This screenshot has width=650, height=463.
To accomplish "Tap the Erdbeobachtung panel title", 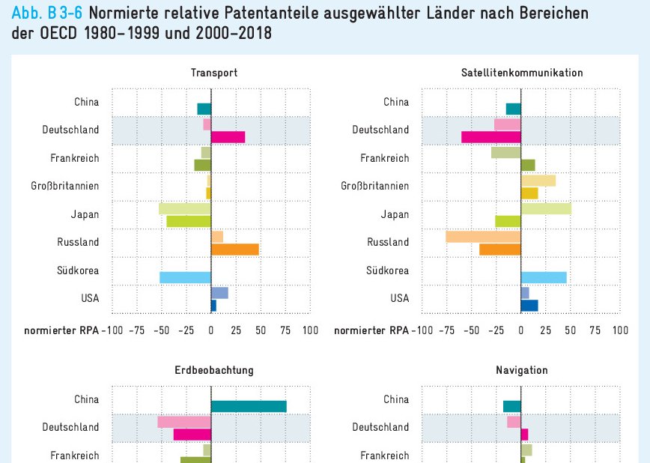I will point(213,370).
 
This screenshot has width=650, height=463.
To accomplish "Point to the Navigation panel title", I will point(522,370).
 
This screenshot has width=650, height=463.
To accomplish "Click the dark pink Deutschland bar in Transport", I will point(228,136).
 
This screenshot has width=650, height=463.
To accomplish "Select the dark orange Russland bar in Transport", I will point(234,249).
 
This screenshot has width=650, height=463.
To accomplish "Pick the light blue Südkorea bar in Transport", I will point(185,277).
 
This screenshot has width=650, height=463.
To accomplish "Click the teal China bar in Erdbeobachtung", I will point(249,406).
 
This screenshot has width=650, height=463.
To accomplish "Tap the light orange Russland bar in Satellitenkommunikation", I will point(483,237).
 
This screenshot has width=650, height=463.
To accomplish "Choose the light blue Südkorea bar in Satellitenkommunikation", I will point(544,277).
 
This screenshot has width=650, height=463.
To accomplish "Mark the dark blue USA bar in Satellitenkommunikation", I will point(529,305).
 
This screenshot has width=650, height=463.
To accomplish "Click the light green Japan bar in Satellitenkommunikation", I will point(546,208).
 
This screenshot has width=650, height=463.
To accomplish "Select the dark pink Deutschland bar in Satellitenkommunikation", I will point(490,136).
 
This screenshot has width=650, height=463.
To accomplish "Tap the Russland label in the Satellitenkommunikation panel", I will point(388,242).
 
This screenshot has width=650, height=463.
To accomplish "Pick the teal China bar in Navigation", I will point(511,406).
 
